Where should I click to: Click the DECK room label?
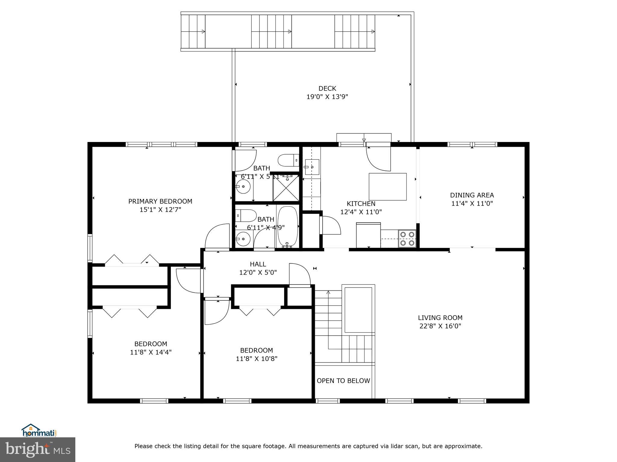pos(327,88)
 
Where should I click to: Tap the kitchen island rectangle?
pos(388,186)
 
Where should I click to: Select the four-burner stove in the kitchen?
pos(407,239)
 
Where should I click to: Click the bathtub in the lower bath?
pos(287,226)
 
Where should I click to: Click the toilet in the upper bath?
pos(288,160)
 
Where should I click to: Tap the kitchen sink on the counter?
pos(312,167)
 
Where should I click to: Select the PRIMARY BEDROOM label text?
pos(160,201)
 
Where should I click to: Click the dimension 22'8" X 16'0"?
pos(440,326)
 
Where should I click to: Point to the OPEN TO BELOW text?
pos(343,381)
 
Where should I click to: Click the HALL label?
pos(258,264)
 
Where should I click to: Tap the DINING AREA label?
pos(472,195)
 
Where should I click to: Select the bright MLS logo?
pos(38,449)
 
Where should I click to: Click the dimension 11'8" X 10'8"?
pos(256,359)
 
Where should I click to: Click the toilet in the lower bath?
pos(246,215)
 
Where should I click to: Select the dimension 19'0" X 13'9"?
pos(327,97)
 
